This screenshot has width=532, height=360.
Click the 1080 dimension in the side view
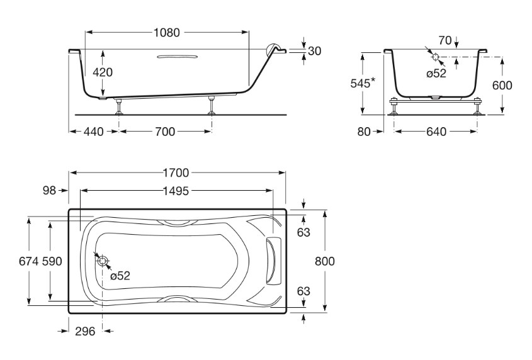(167, 33)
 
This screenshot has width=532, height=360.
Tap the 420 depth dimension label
(103, 72)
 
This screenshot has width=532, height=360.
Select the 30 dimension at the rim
(314, 51)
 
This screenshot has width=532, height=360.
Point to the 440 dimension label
(93, 132)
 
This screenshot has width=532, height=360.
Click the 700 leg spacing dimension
(165, 132)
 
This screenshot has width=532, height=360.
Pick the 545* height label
(363, 83)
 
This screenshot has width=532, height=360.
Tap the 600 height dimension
(502, 85)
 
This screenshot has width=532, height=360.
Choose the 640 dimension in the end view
(436, 132)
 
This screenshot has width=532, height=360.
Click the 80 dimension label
(364, 132)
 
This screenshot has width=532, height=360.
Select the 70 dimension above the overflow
(445, 40)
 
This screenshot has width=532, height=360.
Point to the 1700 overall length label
(176, 173)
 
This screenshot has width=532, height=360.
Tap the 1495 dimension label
(176, 191)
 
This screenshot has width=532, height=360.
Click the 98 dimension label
(49, 191)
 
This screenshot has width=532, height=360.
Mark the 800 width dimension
(325, 261)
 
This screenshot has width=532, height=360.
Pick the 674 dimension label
(29, 261)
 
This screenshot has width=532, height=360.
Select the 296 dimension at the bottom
(85, 331)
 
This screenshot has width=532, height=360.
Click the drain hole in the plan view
(103, 261)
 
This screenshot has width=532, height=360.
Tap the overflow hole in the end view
(435, 57)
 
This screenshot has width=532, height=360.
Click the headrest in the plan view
(274, 259)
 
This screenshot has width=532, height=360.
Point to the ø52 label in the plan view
(120, 276)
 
